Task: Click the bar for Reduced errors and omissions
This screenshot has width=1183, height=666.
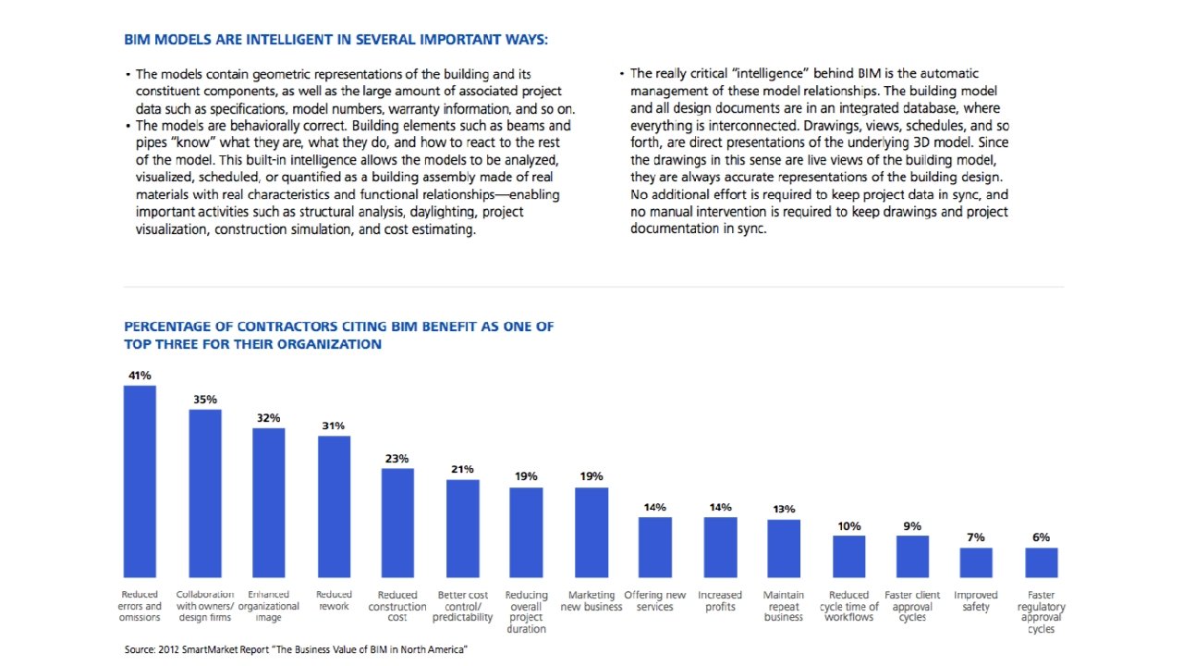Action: pos(140,481)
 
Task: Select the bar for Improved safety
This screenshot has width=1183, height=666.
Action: pos(976,562)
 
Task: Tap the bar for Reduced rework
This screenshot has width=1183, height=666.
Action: pos(334,506)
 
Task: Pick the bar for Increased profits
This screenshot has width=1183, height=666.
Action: pos(720,547)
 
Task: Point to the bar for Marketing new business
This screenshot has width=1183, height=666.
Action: pos(591,532)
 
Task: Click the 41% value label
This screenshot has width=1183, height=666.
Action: pos(140,376)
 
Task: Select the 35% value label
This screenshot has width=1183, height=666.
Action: pos(205,400)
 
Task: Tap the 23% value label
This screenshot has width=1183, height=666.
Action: pos(397,458)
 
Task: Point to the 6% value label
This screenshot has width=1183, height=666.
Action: pos(1041,537)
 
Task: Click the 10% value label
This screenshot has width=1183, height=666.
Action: pos(848,526)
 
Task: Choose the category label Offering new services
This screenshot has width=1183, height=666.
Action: pos(655,601)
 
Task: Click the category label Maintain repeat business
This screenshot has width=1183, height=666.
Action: pos(784,606)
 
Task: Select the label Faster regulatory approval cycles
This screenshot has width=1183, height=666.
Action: pos(1041,612)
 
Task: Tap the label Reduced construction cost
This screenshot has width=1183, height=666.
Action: pos(397,606)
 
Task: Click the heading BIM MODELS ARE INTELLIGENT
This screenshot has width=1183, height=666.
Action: pos(335,40)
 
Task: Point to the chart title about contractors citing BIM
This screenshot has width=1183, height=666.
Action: pos(339,335)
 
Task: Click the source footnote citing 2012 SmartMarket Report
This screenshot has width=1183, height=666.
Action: pos(296,650)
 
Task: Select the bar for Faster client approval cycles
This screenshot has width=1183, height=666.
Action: pos(912,556)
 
